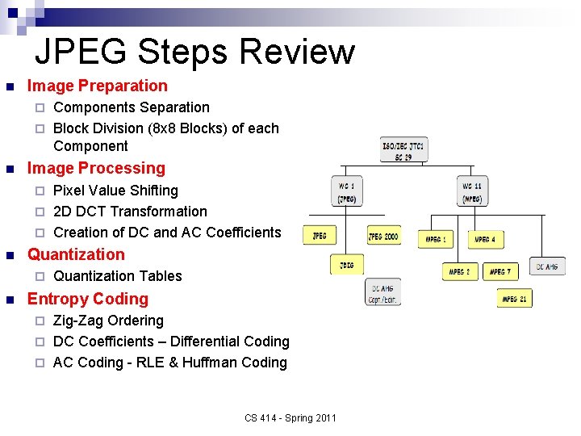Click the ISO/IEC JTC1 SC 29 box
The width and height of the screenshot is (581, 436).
point(403,149)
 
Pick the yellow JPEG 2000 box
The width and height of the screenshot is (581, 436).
point(383,236)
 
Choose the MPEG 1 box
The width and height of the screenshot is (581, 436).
point(436,239)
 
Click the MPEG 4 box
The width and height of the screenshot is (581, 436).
point(484,239)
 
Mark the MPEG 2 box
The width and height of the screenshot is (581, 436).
point(460,271)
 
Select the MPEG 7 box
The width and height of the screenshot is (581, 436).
point(500,271)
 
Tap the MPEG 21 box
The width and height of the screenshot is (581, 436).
point(514,298)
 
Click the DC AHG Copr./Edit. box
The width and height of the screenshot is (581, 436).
point(383,292)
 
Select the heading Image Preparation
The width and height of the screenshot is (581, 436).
point(98,86)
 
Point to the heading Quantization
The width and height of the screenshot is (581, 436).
point(76,254)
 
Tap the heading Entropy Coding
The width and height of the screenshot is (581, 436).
point(88,299)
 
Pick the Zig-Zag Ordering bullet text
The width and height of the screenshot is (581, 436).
point(108,321)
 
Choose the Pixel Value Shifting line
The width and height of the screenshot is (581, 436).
point(115,191)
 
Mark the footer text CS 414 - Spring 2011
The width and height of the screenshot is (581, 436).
point(290,417)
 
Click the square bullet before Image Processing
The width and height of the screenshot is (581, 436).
point(10,170)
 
